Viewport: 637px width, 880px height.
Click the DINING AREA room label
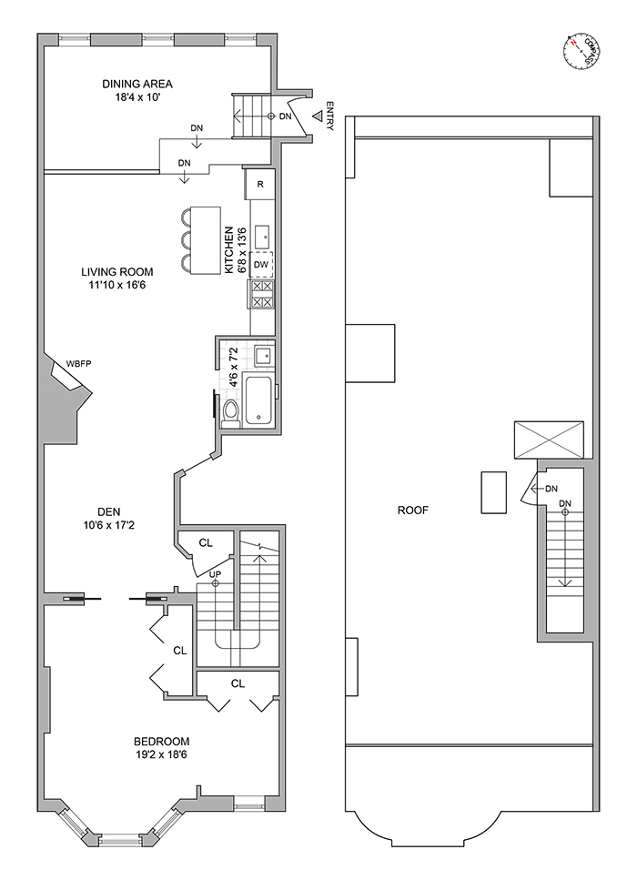tap(137, 85)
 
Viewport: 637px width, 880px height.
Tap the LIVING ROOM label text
tap(116, 271)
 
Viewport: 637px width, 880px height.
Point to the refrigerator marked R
tap(260, 185)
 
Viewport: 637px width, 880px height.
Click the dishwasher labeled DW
tap(261, 265)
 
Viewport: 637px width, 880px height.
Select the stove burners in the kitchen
tap(261, 294)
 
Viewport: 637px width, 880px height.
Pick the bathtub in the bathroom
tap(259, 401)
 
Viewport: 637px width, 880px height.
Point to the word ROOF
tap(412, 511)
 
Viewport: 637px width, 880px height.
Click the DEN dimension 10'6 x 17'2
tap(111, 525)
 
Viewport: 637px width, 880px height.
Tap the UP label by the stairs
tap(216, 575)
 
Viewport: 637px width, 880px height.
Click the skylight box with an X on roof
tap(549, 440)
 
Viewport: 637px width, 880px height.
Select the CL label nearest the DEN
tap(206, 543)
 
